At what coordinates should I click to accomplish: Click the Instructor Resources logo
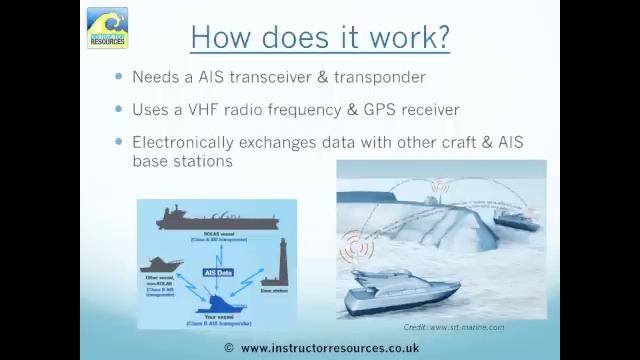(x=107, y=28)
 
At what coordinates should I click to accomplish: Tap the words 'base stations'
(x=182, y=160)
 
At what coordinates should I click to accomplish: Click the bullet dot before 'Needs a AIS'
(x=119, y=77)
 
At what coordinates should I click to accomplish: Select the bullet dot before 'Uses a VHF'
(x=119, y=109)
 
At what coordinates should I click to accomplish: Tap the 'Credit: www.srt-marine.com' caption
(x=453, y=327)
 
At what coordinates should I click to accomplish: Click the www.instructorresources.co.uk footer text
(x=329, y=348)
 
